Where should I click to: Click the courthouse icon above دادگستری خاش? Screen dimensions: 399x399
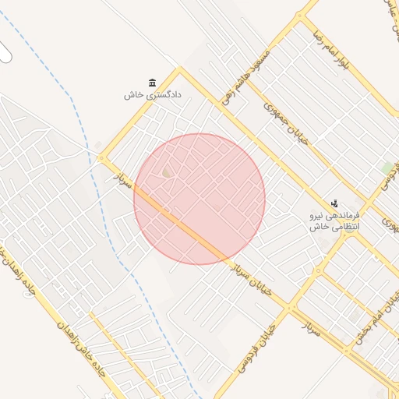(x=152, y=83)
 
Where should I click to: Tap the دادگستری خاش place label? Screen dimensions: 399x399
(x=152, y=95)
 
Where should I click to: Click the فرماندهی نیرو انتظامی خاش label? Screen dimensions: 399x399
(x=333, y=221)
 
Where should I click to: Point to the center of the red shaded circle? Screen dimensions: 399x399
(x=199, y=199)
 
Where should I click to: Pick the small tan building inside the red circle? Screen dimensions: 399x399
(x=166, y=172)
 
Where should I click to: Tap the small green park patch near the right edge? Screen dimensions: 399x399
(x=387, y=168)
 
